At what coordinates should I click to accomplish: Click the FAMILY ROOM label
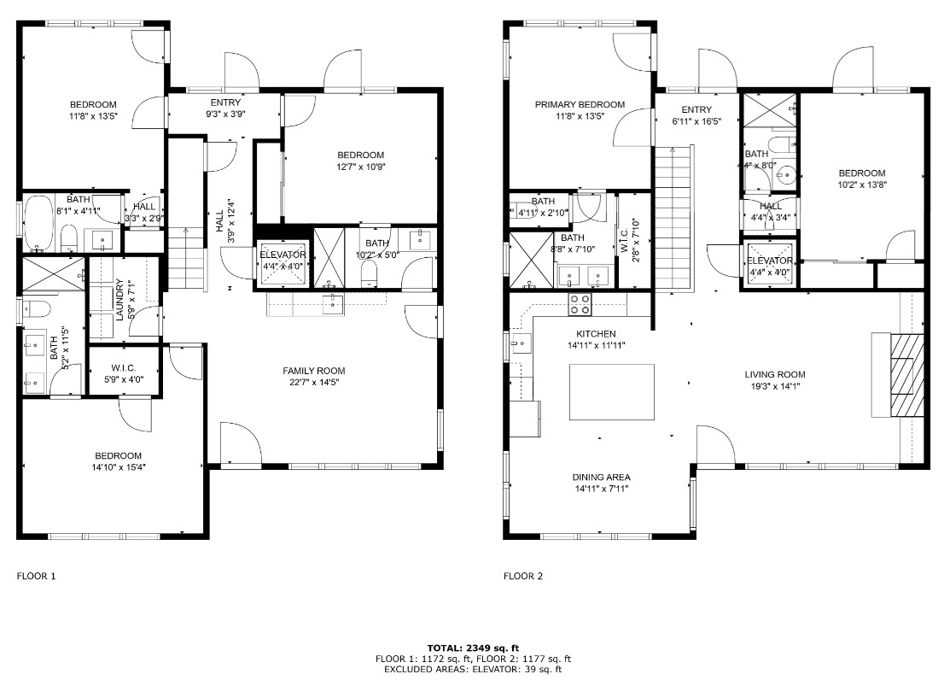click(314, 371)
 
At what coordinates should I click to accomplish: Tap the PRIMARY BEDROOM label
click(580, 105)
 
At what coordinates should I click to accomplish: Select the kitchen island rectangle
click(613, 392)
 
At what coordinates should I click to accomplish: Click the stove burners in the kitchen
click(580, 300)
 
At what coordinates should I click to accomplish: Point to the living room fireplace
click(907, 374)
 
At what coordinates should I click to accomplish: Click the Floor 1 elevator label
click(283, 255)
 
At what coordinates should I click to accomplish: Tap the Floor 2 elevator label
click(770, 261)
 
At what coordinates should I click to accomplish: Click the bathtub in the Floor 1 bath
click(38, 224)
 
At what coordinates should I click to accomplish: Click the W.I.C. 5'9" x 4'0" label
click(124, 373)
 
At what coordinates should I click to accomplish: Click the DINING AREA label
click(601, 478)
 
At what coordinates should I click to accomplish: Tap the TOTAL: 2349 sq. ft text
click(473, 648)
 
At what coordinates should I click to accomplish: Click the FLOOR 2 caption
click(522, 577)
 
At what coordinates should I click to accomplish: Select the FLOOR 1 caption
click(36, 577)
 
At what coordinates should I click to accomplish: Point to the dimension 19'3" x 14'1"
click(774, 386)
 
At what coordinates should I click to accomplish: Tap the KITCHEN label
click(596, 334)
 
